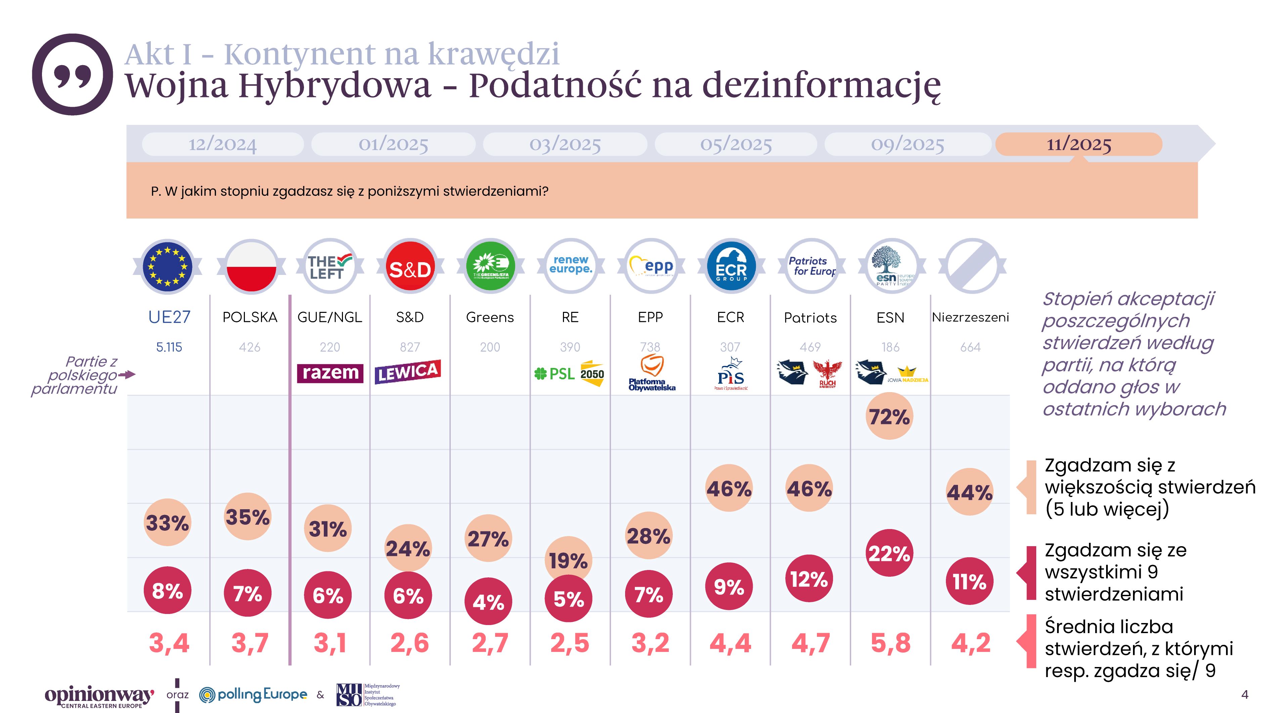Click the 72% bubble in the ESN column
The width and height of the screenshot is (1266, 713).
889,416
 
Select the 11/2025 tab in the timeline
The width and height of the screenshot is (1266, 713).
1079,144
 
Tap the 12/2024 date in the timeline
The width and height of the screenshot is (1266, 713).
223,144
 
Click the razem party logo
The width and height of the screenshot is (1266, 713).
330,373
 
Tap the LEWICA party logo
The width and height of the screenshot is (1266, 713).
407,372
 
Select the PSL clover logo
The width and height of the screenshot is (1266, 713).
554,374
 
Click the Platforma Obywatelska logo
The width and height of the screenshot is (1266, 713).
652,374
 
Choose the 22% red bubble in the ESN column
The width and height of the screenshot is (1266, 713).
889,553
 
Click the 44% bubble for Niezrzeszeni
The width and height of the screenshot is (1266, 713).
969,492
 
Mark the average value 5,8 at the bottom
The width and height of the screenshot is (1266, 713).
890,643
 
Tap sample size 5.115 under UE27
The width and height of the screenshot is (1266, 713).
169,347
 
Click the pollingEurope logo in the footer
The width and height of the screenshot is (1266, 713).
253,694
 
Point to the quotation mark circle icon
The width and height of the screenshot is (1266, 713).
73,75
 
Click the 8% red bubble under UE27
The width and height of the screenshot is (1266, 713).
167,590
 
